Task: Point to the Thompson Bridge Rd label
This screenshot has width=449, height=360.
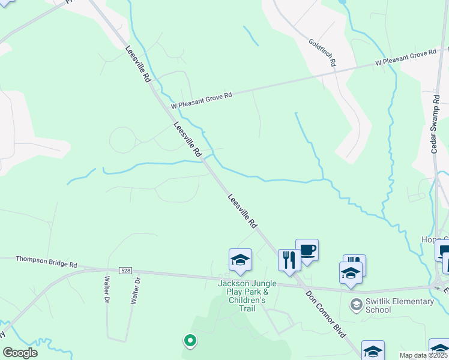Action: (x=46, y=262)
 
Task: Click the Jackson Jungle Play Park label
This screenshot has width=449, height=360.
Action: (x=247, y=296)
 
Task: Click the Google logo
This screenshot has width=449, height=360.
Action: (x=20, y=353)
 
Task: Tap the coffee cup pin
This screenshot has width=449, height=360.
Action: (x=307, y=251)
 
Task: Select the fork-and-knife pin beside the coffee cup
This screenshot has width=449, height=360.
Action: (x=289, y=260)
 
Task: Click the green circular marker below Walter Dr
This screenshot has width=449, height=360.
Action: (x=190, y=341)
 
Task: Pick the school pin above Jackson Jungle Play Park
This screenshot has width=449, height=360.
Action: (x=240, y=260)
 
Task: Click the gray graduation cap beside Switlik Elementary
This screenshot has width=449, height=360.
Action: (x=356, y=305)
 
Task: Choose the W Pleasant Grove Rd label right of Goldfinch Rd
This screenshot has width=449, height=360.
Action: (x=406, y=58)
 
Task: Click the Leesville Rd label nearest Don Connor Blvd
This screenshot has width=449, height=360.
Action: (x=243, y=211)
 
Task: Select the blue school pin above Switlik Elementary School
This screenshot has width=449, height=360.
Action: (x=351, y=272)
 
